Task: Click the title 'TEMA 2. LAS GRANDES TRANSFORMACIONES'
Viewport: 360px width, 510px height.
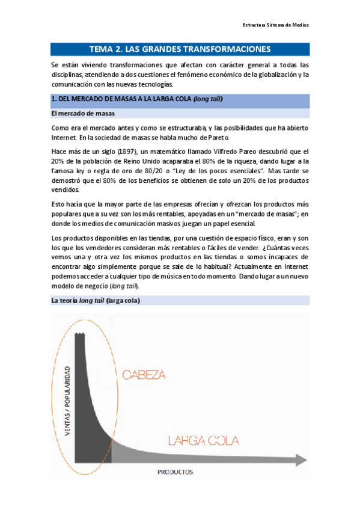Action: pos(180,49)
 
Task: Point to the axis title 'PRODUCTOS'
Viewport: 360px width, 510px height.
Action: pos(175,472)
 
